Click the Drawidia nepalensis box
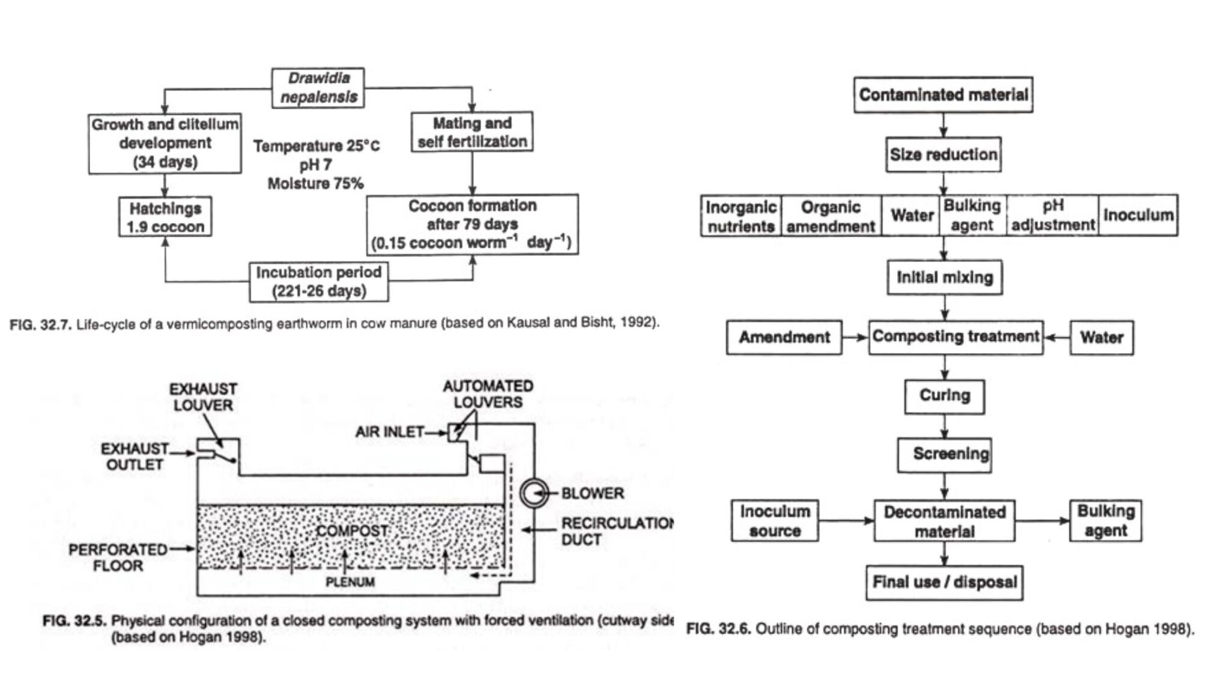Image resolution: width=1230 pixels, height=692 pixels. pos(318,88)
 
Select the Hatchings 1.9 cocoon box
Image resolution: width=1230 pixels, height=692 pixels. pos(165,217)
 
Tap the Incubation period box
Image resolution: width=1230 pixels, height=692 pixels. pos(319,281)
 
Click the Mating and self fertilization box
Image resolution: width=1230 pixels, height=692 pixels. pos(472,132)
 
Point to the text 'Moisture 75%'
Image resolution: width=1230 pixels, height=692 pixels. pos(315,184)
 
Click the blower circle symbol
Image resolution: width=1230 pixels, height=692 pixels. pos(533,494)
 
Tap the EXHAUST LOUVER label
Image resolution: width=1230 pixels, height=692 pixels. pos(203,397)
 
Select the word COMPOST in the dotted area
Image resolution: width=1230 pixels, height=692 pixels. pos(352,531)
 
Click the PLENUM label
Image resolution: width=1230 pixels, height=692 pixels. pos(350,582)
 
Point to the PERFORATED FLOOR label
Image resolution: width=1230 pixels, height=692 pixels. pos(118,557)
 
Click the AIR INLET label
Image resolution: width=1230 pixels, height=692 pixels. pos(389,432)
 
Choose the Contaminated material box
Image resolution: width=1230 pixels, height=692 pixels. pos(943,95)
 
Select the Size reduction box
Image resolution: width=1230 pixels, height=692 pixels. pos(943,155)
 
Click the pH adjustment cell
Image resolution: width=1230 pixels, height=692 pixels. pos(1052,215)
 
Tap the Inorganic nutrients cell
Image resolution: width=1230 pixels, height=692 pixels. pos(741,216)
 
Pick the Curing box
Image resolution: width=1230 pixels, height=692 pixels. pos(944,396)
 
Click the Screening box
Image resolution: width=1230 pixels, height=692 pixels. pos(944,455)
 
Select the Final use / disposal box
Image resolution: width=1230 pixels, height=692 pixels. pos(944,582)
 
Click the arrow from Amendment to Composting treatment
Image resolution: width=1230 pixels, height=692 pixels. pos(855,338)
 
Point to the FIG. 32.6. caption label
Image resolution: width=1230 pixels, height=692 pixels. pos(718,629)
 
